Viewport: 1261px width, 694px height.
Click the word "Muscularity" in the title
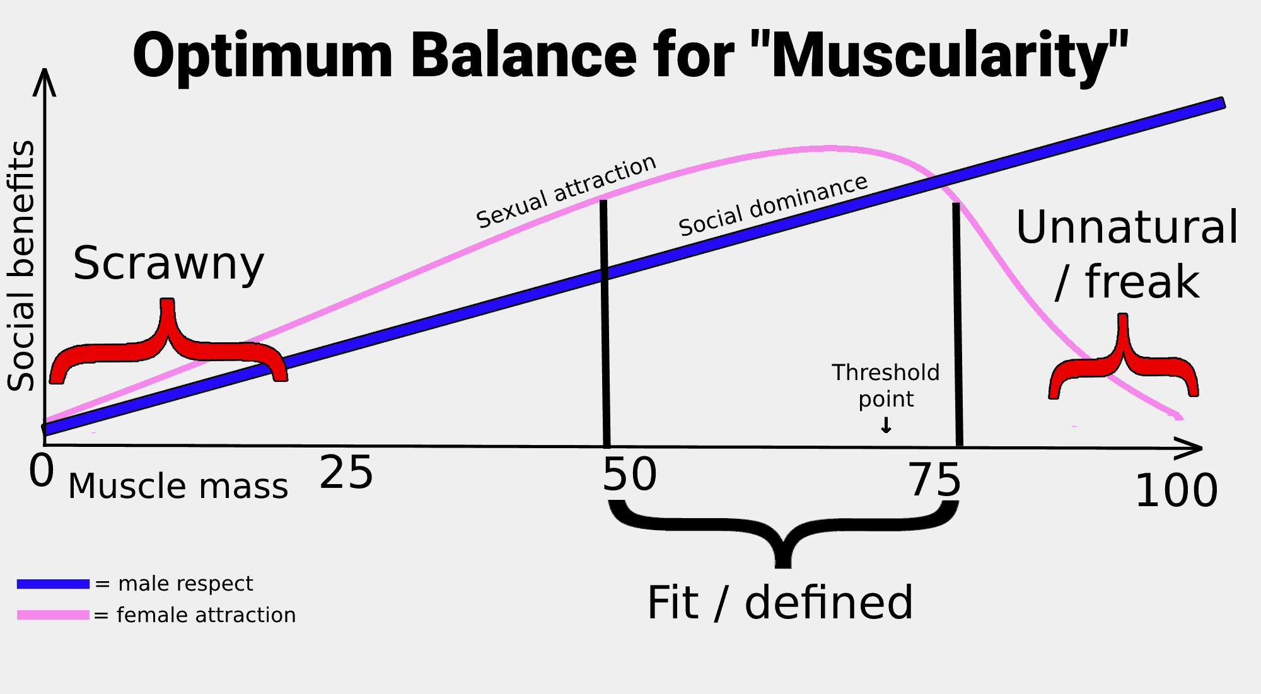coord(950,57)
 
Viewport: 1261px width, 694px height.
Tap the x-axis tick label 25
coord(346,473)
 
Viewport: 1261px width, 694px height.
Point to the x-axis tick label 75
coord(936,480)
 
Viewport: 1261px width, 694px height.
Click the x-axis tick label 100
coord(1177,490)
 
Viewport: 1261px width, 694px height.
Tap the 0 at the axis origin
coord(42,471)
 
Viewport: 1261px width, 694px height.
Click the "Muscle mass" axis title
coord(178,487)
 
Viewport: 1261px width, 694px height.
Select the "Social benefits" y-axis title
coord(21,265)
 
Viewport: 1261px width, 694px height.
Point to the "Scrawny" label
coord(168,263)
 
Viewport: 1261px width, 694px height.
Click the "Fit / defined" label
coord(781,603)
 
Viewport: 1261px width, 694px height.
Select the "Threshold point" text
coord(886,386)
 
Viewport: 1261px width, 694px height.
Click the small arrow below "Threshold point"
coord(886,425)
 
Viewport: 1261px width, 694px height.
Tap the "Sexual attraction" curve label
coord(566,192)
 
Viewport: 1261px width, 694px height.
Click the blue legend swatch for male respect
coord(53,584)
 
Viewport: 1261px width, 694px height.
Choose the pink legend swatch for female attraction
coord(53,615)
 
